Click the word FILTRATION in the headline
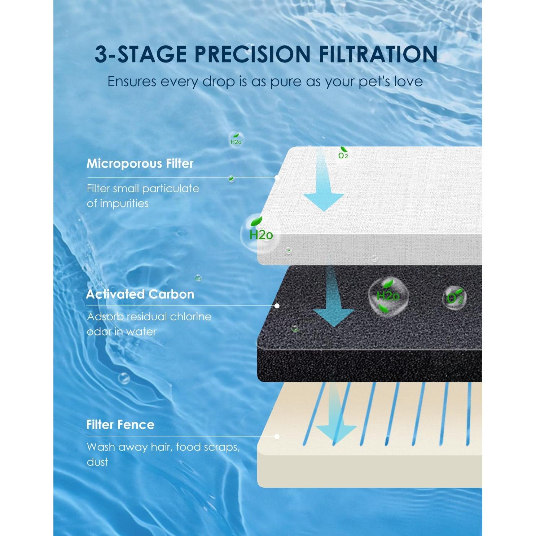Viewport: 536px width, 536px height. pyautogui.click(x=378, y=54)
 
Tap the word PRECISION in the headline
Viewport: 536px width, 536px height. pyautogui.click(x=252, y=54)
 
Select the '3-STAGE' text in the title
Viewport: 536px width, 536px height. pyautogui.click(x=141, y=54)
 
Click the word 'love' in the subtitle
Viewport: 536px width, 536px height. pyautogui.click(x=409, y=82)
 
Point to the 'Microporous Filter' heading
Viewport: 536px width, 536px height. pyautogui.click(x=140, y=163)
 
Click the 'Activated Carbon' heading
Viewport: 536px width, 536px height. pyautogui.click(x=140, y=294)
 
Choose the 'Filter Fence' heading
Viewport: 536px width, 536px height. pyautogui.click(x=120, y=425)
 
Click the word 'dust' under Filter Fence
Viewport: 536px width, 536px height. pyautogui.click(x=97, y=462)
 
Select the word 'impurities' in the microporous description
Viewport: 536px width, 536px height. pyautogui.click(x=124, y=204)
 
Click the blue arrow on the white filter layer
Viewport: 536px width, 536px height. pyautogui.click(x=323, y=188)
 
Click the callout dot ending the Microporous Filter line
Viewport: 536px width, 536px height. pyautogui.click(x=277, y=177)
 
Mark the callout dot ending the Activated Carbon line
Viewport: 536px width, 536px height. pyautogui.click(x=277, y=306)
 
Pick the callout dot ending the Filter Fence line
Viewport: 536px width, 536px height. pyautogui.click(x=277, y=436)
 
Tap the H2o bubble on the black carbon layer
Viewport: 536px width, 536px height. pyautogui.click(x=388, y=296)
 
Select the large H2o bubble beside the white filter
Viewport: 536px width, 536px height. pyautogui.click(x=260, y=234)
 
